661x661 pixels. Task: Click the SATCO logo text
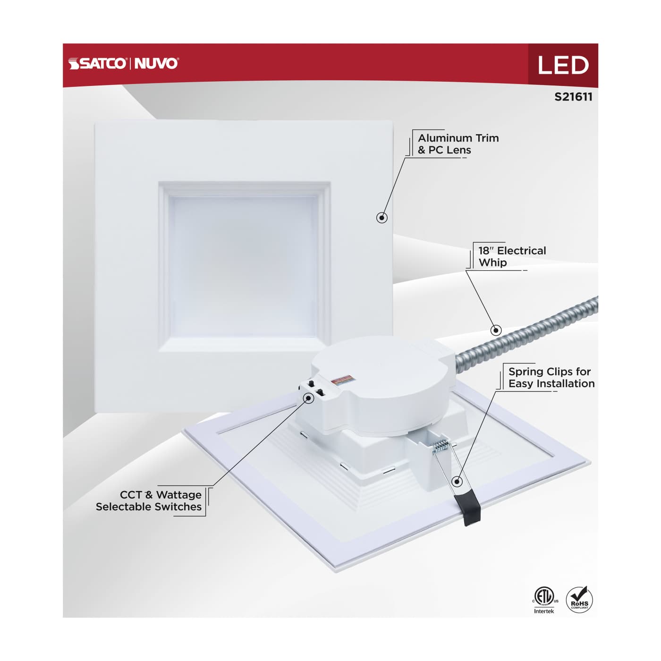tap(97, 63)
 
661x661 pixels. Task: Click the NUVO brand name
tap(156, 63)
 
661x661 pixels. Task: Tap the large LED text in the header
tap(562, 65)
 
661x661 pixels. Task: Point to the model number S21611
tap(573, 97)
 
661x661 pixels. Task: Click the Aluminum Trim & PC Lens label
tap(458, 144)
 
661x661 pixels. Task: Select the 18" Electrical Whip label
tap(512, 256)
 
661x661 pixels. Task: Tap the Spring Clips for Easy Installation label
tap(551, 378)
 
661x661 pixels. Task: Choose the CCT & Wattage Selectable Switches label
tap(149, 501)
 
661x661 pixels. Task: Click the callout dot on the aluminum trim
tap(382, 218)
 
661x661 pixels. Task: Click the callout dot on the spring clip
tap(457, 481)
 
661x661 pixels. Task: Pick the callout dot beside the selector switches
tap(308, 398)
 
